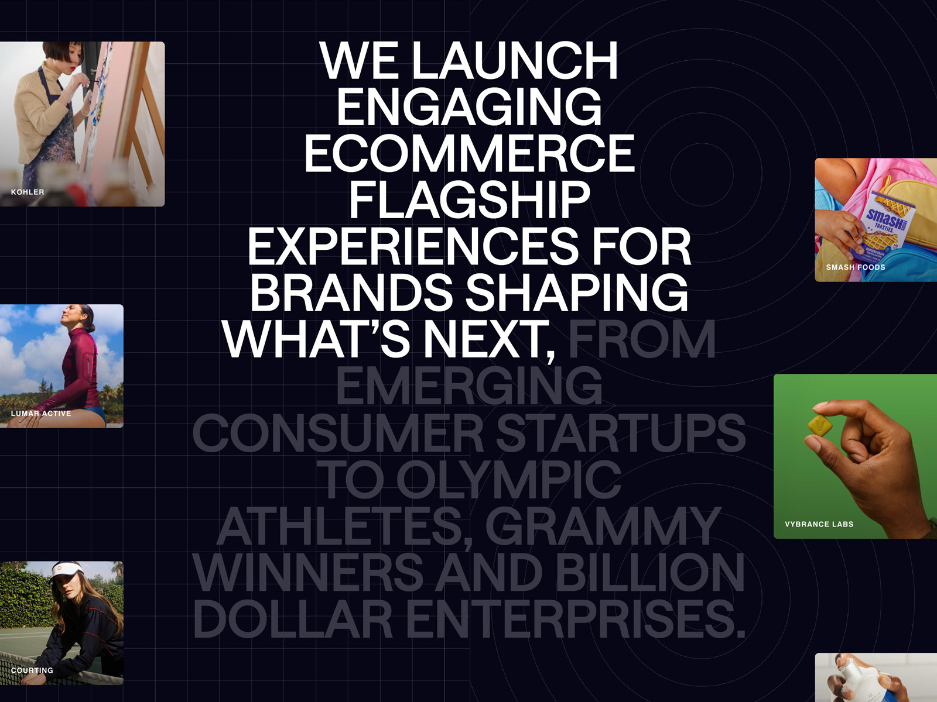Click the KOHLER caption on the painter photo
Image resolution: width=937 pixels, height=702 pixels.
click(28, 192)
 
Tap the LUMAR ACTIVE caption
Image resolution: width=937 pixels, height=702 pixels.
click(41, 414)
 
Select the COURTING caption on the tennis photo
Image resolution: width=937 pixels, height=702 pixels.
click(32, 670)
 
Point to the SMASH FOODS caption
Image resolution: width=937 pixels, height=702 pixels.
click(856, 267)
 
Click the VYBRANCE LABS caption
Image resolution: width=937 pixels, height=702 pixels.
click(819, 524)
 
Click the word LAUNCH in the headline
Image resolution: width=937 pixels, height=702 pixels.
click(514, 60)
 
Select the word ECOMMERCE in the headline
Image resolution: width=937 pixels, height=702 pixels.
click(469, 153)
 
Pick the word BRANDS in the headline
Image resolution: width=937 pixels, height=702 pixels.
click(351, 292)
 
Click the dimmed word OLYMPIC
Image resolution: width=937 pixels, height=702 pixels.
click(508, 480)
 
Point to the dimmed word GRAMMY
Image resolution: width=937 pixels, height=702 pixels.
click(603, 526)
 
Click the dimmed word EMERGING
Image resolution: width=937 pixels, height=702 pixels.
click(469, 386)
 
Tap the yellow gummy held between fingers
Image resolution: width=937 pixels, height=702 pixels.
click(820, 427)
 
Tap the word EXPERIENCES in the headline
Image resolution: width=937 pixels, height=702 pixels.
click(398, 246)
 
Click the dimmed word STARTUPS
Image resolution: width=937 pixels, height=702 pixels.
click(621, 433)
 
